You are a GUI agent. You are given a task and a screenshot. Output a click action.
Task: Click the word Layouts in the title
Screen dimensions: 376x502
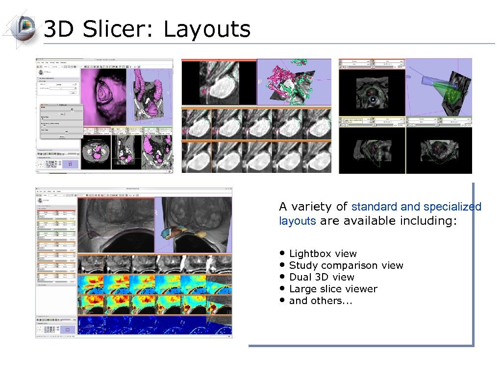(x=206, y=29)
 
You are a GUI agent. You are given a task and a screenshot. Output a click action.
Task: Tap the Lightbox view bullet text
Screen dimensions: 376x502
(x=323, y=254)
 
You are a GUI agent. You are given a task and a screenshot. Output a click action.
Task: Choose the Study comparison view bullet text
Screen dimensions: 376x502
(x=346, y=265)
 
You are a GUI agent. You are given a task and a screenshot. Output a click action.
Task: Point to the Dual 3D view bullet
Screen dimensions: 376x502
(x=322, y=277)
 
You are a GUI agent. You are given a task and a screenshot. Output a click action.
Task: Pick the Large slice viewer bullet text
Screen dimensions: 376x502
(x=333, y=289)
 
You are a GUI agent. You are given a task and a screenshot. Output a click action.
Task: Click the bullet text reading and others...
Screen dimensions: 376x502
(x=321, y=301)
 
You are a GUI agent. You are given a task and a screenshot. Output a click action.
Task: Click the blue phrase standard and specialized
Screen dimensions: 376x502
(x=416, y=207)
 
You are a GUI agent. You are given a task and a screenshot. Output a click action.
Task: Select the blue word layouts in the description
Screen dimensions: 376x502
(x=297, y=221)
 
